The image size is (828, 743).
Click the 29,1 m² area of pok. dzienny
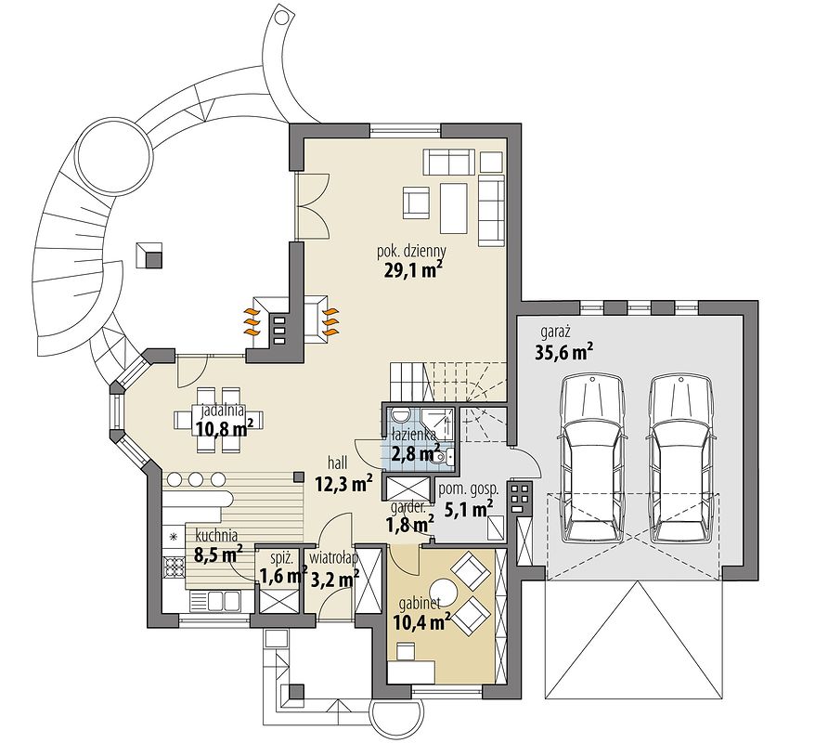411,270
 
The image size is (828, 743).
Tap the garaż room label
555,332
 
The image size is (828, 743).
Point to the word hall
337,463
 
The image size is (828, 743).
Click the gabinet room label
420,604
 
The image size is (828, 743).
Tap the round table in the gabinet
443,593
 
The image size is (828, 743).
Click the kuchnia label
216,537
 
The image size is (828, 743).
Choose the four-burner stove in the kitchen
174,568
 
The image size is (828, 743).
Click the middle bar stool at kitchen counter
195,480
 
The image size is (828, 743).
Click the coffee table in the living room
454,208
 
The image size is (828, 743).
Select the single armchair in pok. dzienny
417,202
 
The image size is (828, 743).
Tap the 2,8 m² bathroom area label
416,453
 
